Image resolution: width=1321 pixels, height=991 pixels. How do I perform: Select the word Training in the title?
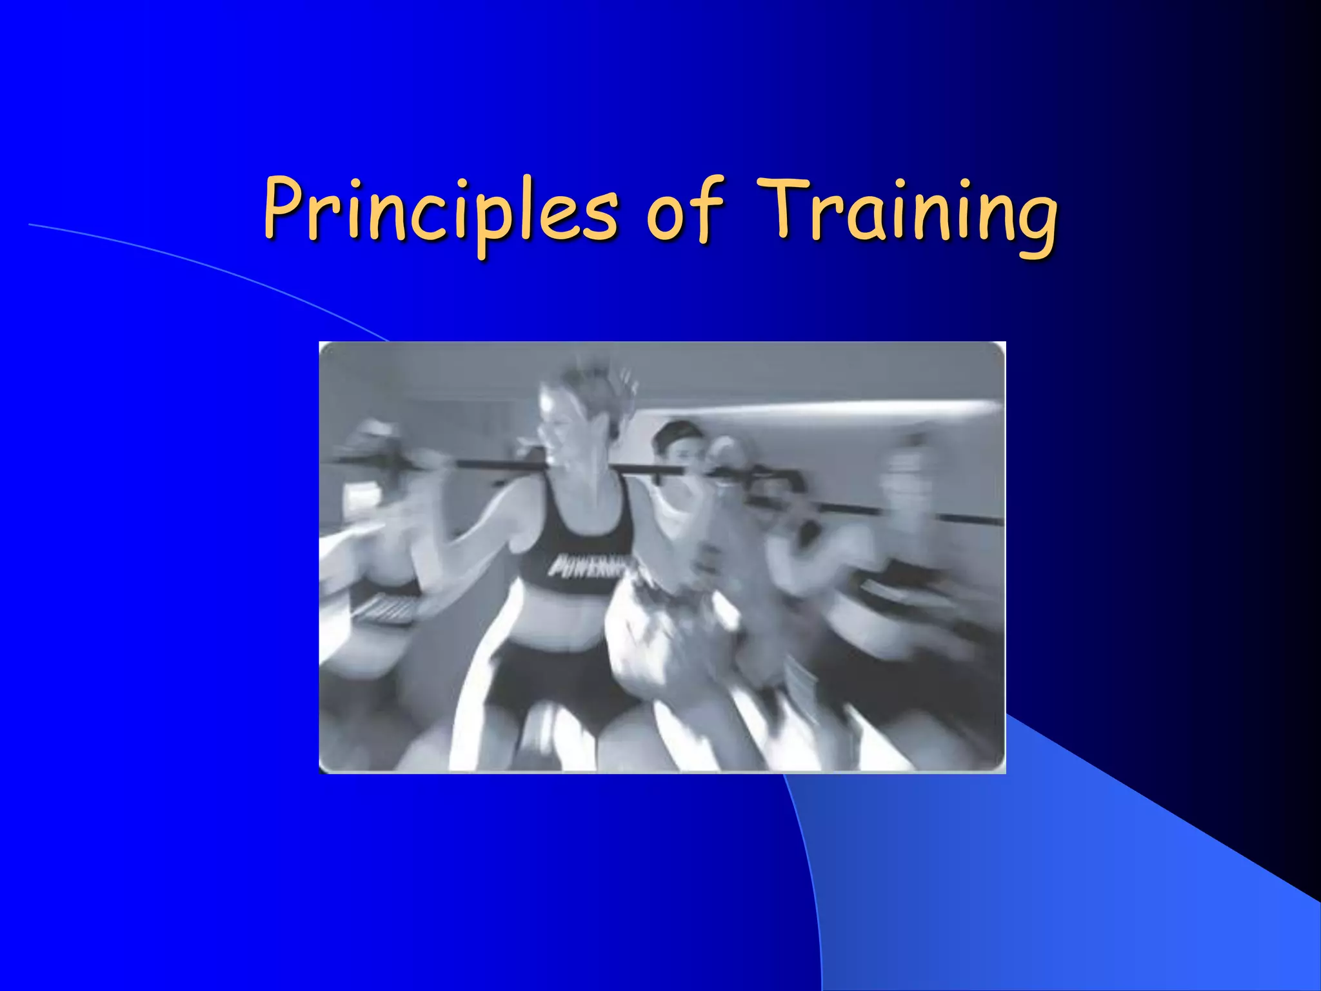tap(906, 213)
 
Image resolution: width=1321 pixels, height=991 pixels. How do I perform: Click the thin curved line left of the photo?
tap(194, 265)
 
